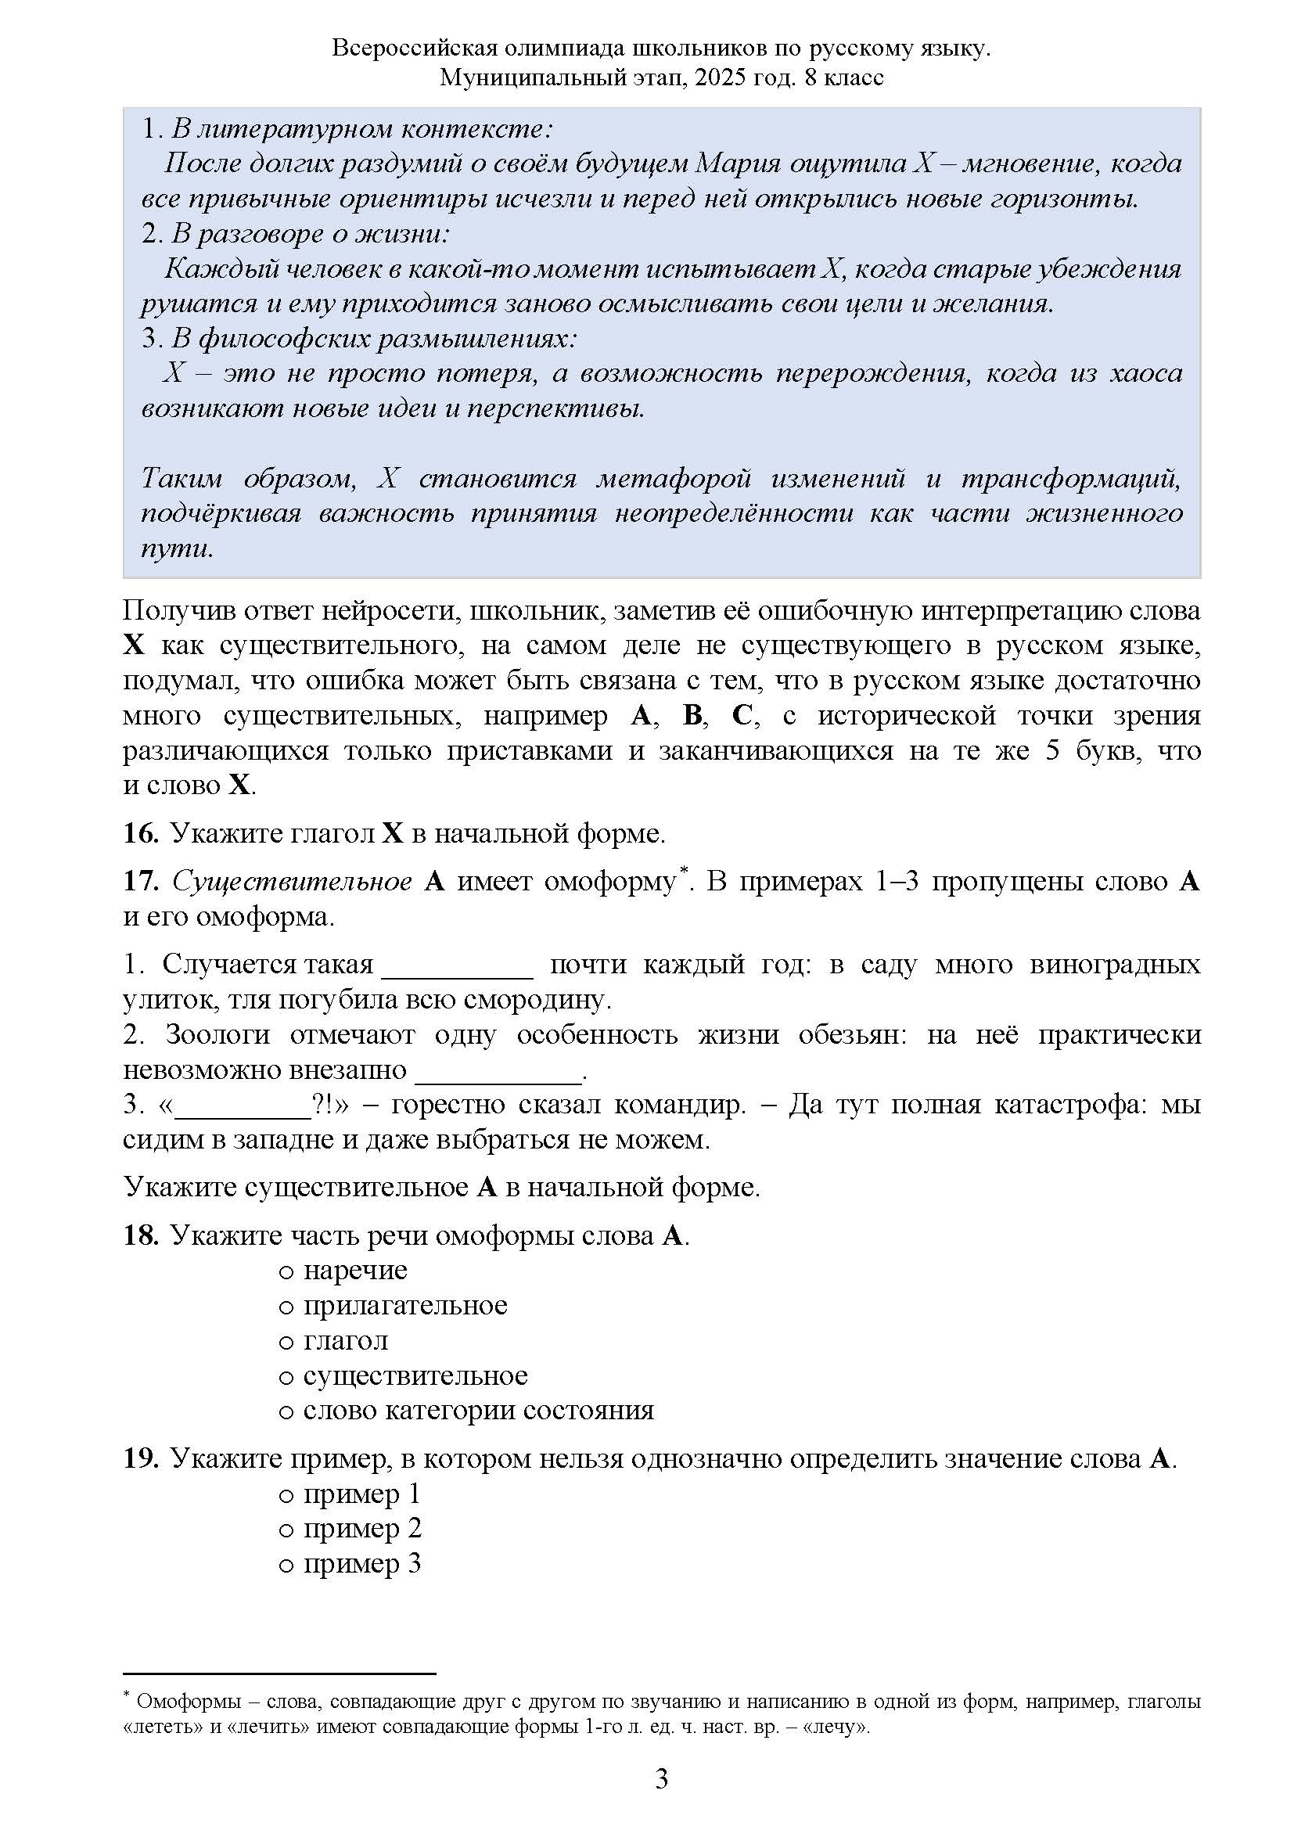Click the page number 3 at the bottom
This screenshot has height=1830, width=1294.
[x=661, y=1778]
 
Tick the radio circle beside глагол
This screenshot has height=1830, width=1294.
[x=287, y=1343]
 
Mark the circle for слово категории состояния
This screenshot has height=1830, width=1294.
[x=287, y=1412]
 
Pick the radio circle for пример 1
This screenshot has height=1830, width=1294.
[x=287, y=1495]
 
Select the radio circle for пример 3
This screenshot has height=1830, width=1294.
[x=287, y=1566]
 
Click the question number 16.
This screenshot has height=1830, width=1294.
[x=141, y=834]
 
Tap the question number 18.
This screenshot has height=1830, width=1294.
[x=141, y=1235]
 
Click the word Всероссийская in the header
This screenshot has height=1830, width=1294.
[x=415, y=49]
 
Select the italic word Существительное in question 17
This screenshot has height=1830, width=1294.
[x=292, y=882]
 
